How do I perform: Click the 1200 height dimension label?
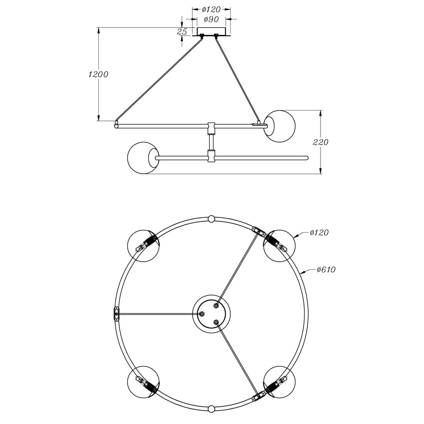[98, 74]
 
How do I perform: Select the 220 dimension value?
[321, 142]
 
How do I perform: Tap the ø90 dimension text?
[211, 19]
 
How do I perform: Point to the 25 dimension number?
[182, 32]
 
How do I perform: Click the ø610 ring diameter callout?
[326, 269]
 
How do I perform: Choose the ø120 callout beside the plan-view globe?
[319, 232]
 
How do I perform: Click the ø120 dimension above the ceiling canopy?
[211, 10]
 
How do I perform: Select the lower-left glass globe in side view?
[143, 158]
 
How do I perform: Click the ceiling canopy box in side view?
[211, 31]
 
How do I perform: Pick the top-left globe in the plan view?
[144, 246]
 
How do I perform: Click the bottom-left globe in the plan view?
[144, 382]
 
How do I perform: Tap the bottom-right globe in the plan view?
[279, 382]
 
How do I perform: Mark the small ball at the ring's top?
[211, 219]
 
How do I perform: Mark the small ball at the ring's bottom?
[211, 409]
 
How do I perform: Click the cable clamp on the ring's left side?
[116, 314]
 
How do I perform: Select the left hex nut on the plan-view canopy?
[202, 314]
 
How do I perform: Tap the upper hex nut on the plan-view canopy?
[216, 306]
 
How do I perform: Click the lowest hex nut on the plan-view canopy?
[216, 322]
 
